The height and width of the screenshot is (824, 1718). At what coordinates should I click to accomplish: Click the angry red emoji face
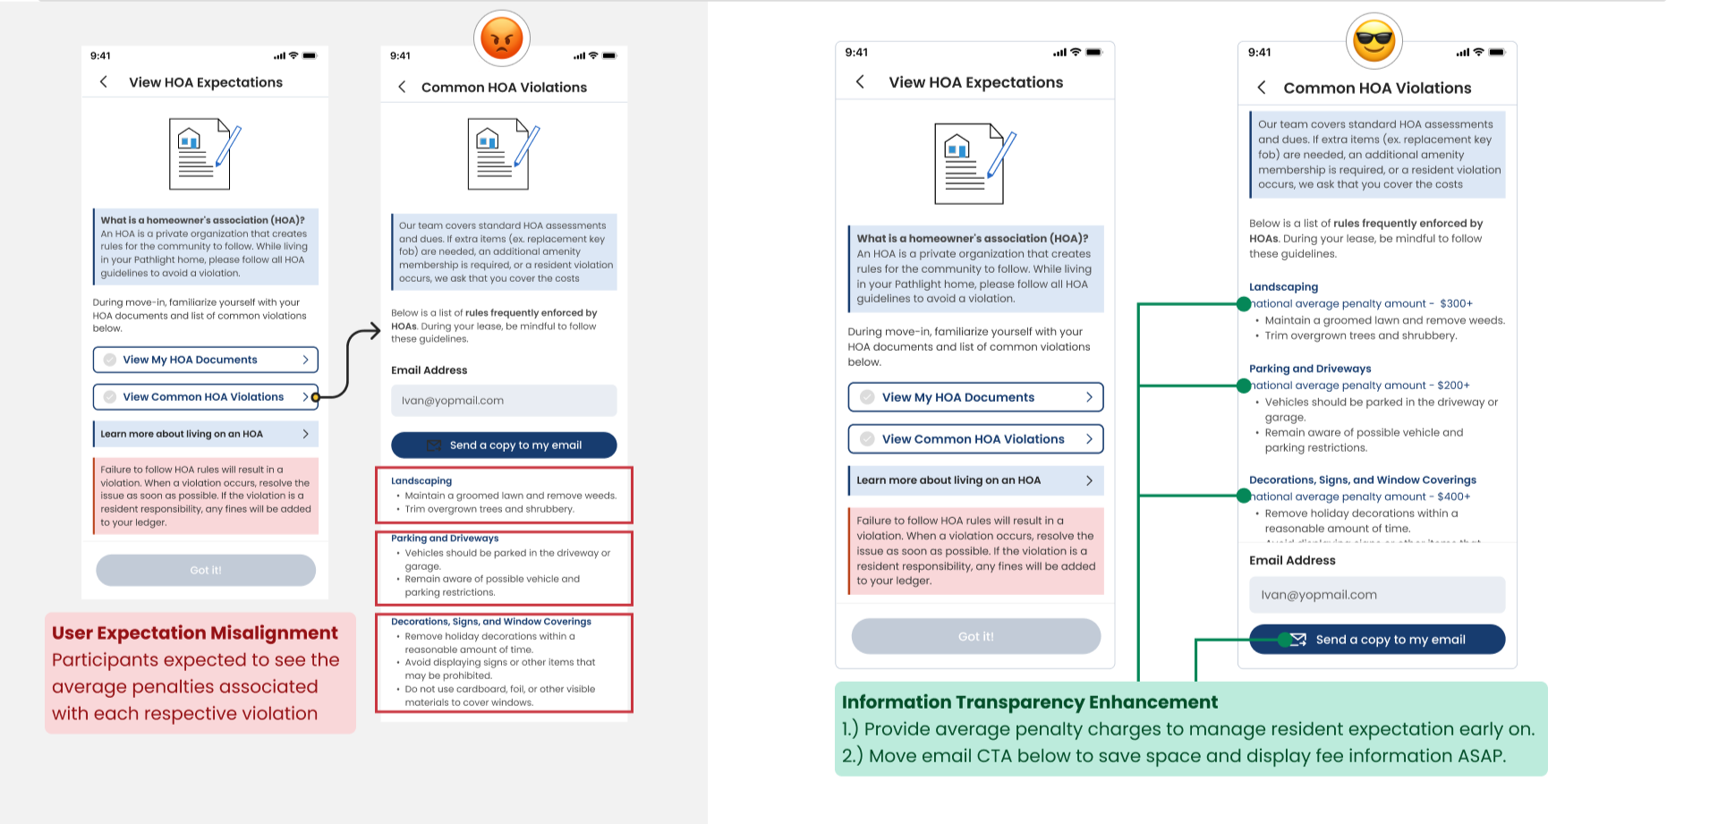pos(502,38)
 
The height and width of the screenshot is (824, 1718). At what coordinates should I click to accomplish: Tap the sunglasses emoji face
pos(1374,40)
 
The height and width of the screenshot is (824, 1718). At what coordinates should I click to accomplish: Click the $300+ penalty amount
pos(1456,304)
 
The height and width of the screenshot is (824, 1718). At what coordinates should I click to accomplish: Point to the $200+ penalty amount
pos(1453,386)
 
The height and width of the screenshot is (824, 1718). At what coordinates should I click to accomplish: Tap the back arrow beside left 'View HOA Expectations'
pos(104,82)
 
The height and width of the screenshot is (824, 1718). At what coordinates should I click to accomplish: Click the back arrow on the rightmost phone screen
pos(1262,88)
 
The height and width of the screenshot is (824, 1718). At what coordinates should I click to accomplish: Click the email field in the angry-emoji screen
pos(504,401)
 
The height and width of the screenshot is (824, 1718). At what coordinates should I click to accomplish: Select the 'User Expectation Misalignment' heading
pos(195,633)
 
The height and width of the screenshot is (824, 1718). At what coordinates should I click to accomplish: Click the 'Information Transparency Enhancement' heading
pos(1029,702)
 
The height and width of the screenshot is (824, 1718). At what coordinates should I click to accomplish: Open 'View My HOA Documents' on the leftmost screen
pos(205,360)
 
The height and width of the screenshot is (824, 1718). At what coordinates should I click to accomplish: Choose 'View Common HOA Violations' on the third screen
pos(975,439)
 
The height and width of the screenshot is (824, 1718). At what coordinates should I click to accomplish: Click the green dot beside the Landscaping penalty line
pos(1244,304)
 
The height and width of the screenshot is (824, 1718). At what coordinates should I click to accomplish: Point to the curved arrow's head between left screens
pos(376,332)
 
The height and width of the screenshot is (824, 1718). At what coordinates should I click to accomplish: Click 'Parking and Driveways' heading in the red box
pos(445,539)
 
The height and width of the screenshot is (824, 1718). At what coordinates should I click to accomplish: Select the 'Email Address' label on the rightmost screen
pos(1292,561)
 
